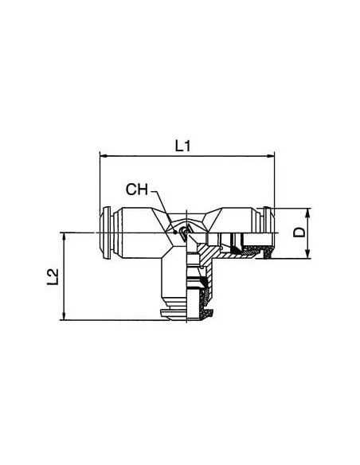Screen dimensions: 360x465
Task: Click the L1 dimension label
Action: (x=182, y=146)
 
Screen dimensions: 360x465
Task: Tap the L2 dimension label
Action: (x=53, y=277)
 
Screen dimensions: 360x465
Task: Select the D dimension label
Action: (x=299, y=232)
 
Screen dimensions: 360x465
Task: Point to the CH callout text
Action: (x=136, y=190)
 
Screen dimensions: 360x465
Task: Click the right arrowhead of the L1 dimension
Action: (x=271, y=156)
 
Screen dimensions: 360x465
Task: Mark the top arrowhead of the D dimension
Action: (x=307, y=213)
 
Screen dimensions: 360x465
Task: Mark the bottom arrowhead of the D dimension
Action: (x=307, y=255)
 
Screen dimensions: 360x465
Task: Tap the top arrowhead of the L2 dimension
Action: (x=64, y=236)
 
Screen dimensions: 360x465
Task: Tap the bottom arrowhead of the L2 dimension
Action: (x=64, y=316)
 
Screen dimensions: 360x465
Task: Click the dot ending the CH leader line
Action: (x=175, y=232)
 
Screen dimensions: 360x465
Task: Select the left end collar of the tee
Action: (x=105, y=232)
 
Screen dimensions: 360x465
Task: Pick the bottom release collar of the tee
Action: (x=174, y=315)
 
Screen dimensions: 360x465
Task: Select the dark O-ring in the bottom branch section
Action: (x=203, y=282)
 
